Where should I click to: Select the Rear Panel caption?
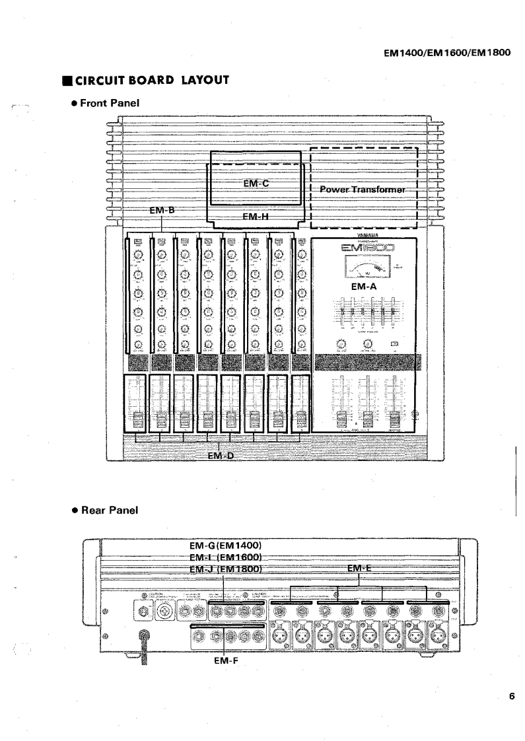pyautogui.click(x=107, y=511)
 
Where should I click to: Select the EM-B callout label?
pyautogui.click(x=162, y=210)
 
